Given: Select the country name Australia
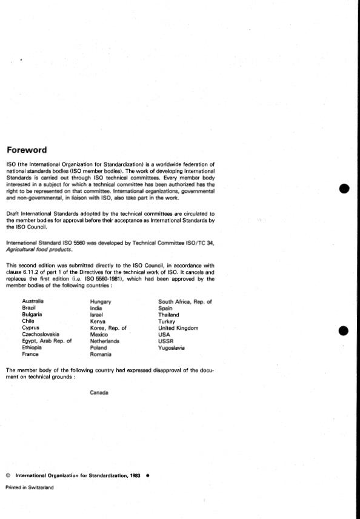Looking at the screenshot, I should pyautogui.click(x=33, y=301).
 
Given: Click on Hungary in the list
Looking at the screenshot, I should pyautogui.click(x=100, y=301).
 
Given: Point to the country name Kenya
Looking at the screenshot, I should pyautogui.click(x=98, y=321).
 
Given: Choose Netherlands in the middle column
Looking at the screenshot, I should pyautogui.click(x=104, y=341).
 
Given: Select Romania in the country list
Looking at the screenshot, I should pyautogui.click(x=100, y=355).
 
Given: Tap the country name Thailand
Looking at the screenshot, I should pyautogui.click(x=168, y=315).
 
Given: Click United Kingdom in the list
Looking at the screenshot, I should pyautogui.click(x=178, y=328).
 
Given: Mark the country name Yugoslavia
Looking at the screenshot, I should pyautogui.click(x=172, y=348).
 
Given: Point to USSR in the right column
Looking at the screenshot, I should pyautogui.click(x=165, y=341).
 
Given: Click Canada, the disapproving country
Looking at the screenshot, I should pyautogui.click(x=99, y=392).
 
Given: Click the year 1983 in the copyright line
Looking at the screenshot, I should pyautogui.click(x=135, y=476).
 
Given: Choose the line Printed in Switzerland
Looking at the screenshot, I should pyautogui.click(x=29, y=487).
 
